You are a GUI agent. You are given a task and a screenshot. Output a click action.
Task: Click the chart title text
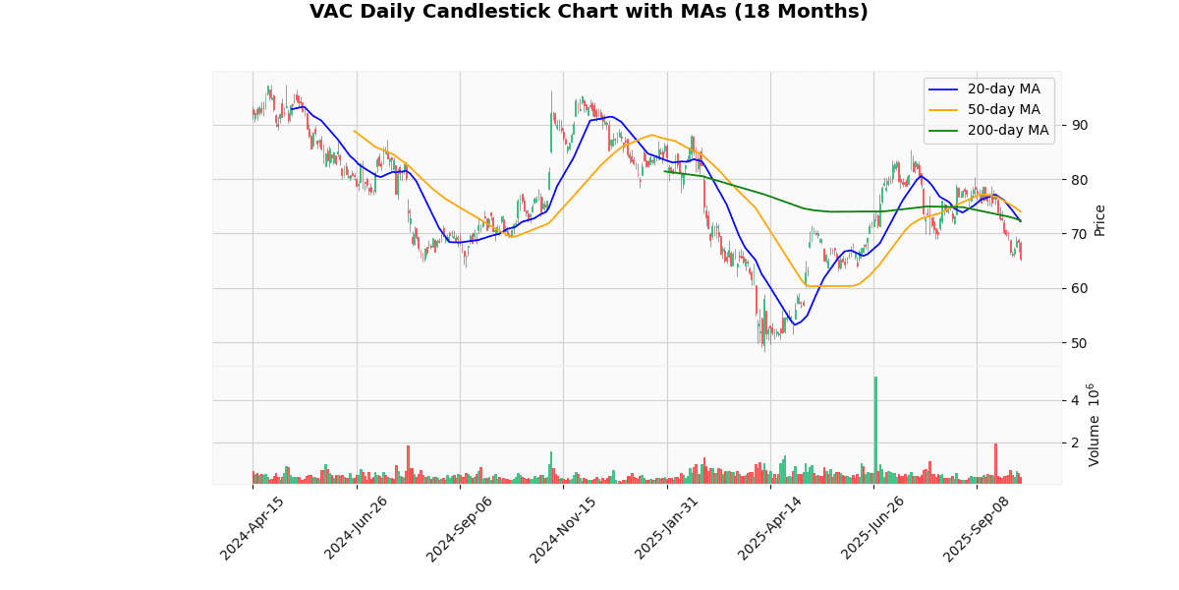click(589, 12)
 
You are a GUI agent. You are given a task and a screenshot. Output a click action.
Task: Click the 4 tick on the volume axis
click(1074, 400)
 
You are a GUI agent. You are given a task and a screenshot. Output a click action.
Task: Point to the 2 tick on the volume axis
click(1074, 443)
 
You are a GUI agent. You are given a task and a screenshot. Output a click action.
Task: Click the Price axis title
click(1099, 220)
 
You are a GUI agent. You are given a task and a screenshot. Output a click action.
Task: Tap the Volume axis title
click(1095, 425)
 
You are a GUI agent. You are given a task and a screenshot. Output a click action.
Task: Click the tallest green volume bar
click(875, 430)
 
